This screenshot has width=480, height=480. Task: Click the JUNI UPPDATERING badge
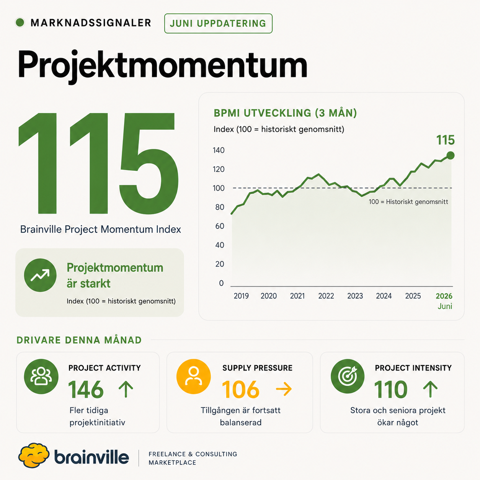tap(218, 23)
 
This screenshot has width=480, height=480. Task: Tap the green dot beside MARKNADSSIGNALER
tap(20, 23)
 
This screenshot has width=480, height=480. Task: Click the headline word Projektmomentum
tap(162, 65)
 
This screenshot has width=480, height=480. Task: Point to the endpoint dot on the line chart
tap(451, 155)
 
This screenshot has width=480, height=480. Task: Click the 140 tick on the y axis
tap(219, 150)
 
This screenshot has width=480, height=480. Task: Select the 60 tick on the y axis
tap(219, 226)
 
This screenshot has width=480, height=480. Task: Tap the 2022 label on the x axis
tap(326, 296)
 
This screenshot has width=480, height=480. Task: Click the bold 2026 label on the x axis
tap(444, 296)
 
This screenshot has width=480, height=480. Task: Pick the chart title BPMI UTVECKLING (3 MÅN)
tap(285, 113)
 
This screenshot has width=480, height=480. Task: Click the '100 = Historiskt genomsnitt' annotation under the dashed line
tap(408, 202)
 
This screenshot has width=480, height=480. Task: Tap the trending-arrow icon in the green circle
tap(40, 275)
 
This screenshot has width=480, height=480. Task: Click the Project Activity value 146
tap(86, 390)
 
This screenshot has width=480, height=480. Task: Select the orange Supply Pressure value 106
tap(240, 390)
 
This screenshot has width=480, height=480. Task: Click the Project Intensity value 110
tap(390, 390)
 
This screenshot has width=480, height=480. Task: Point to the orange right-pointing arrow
tap(284, 389)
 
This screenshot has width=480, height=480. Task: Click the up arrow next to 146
tap(126, 389)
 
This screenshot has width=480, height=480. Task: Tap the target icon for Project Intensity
tap(348, 376)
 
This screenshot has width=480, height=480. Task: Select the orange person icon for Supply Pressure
tap(194, 376)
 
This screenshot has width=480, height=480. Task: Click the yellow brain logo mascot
tap(34, 455)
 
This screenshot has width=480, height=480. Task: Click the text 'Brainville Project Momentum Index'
tap(100, 229)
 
